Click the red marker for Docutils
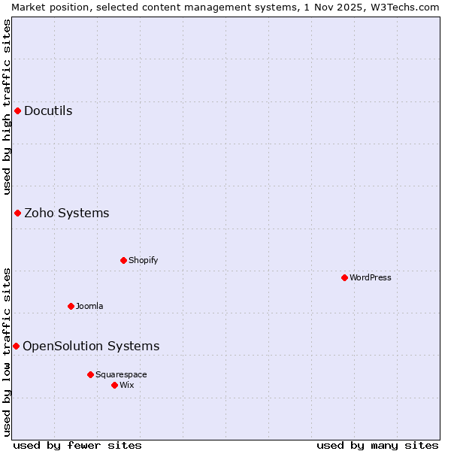[17, 111]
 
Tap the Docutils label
[48, 111]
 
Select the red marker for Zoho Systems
[17, 213]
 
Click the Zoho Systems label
[66, 213]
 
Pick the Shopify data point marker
[124, 261]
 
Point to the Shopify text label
[143, 261]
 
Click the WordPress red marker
[345, 278]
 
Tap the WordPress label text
[370, 278]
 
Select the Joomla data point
[71, 307]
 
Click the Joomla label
[89, 307]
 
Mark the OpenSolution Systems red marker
[16, 347]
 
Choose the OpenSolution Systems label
[91, 347]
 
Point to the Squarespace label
[121, 375]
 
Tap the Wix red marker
[115, 386]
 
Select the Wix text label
[127, 386]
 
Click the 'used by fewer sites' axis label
[77, 446]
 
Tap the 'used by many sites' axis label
[377, 446]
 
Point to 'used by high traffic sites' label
[7, 107]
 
